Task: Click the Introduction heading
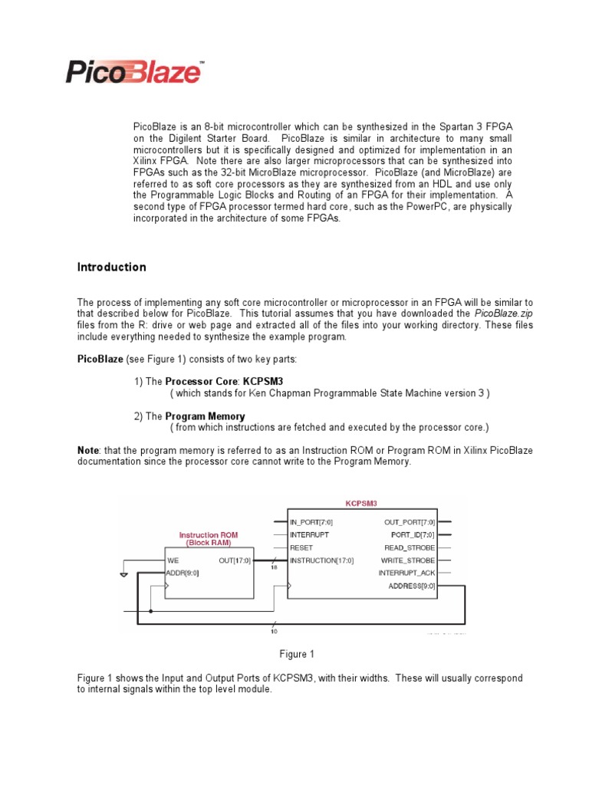[x=111, y=268]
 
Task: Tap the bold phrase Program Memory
[x=206, y=415]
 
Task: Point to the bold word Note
[x=88, y=450]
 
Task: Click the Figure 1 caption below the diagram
[x=297, y=654]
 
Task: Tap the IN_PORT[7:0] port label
[x=312, y=522]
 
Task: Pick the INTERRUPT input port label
[x=310, y=534]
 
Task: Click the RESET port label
[x=301, y=547]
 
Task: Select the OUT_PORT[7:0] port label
[x=409, y=522]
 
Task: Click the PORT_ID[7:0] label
[x=413, y=534]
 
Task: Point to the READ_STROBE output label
[x=409, y=547]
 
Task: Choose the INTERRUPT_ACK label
[x=406, y=573]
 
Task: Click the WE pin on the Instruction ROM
[x=173, y=560]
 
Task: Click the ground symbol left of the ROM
[x=124, y=572]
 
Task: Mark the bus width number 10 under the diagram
[x=273, y=631]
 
